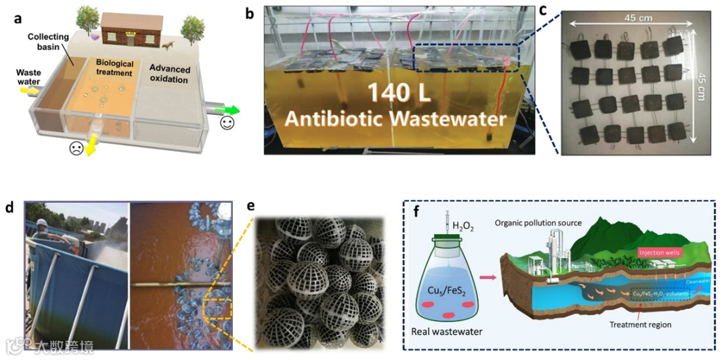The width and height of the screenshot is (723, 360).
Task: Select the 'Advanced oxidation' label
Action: point(169,75)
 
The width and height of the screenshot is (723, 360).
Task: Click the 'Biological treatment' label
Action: point(114,68)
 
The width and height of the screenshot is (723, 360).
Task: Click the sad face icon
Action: point(76,149)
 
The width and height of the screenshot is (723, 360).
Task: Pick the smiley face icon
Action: point(228,124)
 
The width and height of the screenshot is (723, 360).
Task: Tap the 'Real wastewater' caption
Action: point(449,331)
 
